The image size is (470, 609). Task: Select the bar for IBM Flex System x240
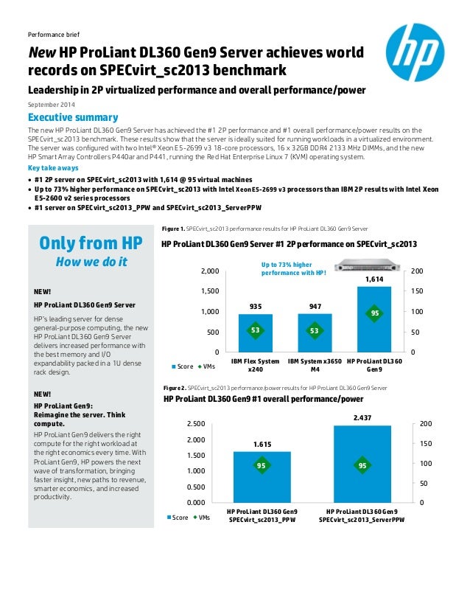(255, 333)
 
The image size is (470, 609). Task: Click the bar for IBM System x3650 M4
(315, 333)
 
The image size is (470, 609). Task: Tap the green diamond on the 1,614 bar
(374, 313)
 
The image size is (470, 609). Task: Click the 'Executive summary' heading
(72, 118)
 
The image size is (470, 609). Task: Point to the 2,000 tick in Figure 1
(209, 272)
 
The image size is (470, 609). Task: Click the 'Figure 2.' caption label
(174, 387)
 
